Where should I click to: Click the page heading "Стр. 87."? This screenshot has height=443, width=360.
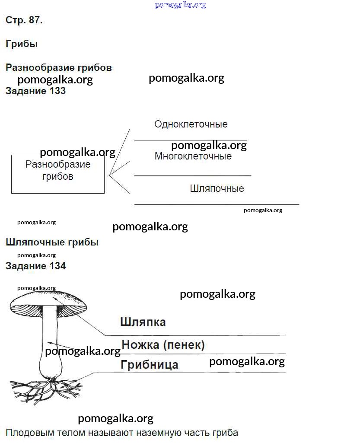tap(24, 20)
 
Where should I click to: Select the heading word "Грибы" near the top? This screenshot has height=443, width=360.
tap(22, 44)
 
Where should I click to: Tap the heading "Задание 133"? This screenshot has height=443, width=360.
tap(35, 91)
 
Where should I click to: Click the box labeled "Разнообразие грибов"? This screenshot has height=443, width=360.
tap(57, 174)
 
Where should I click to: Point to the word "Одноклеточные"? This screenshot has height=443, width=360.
tap(191, 124)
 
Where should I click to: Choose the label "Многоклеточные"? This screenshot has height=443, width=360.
tap(193, 156)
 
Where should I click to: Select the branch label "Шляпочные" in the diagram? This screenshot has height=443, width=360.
tap(217, 189)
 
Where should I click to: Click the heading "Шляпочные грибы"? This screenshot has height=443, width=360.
tap(52, 242)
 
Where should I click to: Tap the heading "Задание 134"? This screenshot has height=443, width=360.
tap(35, 266)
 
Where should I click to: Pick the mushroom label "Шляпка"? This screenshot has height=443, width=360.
tap(143, 322)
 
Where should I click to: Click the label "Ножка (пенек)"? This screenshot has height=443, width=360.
tap(163, 345)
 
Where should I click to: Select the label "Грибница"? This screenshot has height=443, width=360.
tap(149, 365)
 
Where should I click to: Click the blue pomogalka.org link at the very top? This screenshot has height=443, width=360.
tap(180, 5)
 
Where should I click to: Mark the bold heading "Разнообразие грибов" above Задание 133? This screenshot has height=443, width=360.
tap(59, 68)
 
